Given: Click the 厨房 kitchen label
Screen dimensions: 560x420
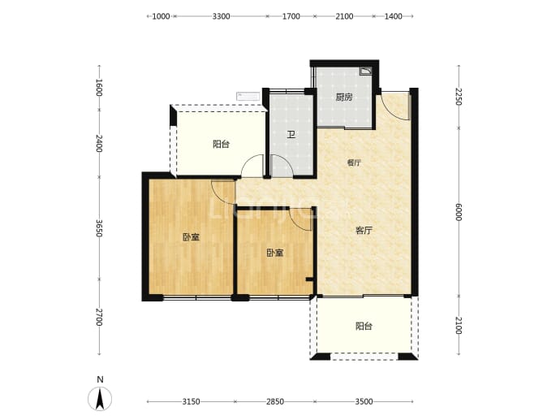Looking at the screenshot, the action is pos(344,97).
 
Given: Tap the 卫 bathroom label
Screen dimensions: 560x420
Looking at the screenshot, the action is pos(291,135).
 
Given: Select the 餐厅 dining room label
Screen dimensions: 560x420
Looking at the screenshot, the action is pos(354,163).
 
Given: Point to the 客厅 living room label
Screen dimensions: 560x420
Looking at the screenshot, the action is pos(364,231).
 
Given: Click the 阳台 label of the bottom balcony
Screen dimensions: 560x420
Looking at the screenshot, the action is pos(364,326).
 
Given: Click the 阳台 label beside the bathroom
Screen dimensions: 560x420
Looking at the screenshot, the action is pos(221,144).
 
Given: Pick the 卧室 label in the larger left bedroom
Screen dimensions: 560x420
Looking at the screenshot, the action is pos(191,237).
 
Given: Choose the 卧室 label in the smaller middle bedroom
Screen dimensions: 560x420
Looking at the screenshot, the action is pos(275,253).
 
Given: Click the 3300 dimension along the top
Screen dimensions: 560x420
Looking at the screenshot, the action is pos(221,16).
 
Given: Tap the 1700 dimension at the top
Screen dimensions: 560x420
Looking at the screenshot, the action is pos(291,16).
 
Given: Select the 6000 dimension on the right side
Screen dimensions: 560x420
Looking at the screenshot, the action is pos(459,212).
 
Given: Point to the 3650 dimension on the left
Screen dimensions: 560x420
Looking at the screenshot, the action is pos(99,228).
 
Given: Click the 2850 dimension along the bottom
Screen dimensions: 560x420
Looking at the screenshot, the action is pos(275,402).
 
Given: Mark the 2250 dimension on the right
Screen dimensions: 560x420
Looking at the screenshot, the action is pos(459,97).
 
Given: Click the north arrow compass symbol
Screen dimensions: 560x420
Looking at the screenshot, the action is pos(100,399).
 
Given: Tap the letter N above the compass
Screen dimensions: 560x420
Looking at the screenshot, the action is pos(101,379).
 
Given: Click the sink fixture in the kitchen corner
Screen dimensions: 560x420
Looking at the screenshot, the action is pos(366,71).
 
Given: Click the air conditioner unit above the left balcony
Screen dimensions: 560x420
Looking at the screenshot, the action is pos(248,96).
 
